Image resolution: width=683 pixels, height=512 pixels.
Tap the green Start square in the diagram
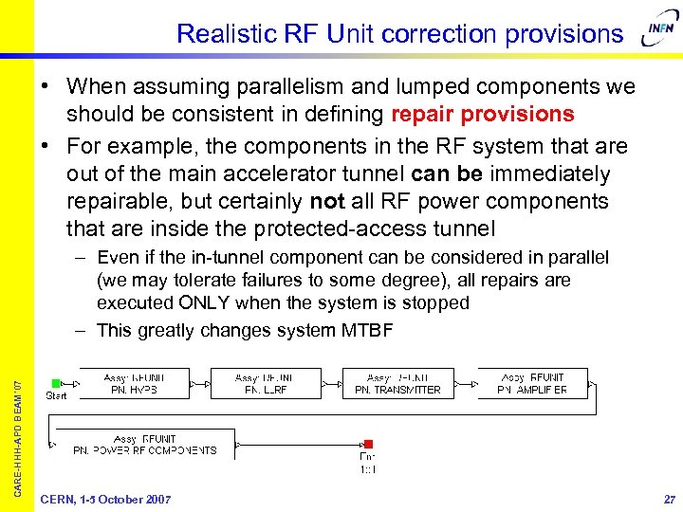pyautogui.click(x=56, y=383)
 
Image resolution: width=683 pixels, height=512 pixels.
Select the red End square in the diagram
pyautogui.click(x=368, y=444)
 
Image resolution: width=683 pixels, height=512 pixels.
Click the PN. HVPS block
pyautogui.click(x=134, y=383)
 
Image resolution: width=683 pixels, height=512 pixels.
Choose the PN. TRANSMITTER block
pyautogui.click(x=398, y=383)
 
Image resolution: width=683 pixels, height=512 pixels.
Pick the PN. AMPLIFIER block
pyautogui.click(x=532, y=383)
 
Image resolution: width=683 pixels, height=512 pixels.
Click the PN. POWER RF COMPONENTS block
pyautogui.click(x=145, y=445)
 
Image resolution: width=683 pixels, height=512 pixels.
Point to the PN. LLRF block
pyautogui.click(x=266, y=383)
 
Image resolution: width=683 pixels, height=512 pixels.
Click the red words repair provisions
pyautogui.click(x=482, y=115)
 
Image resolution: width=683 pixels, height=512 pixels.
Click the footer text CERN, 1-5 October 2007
pyautogui.click(x=105, y=500)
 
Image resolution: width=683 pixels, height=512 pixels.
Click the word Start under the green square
pyautogui.click(x=56, y=395)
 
